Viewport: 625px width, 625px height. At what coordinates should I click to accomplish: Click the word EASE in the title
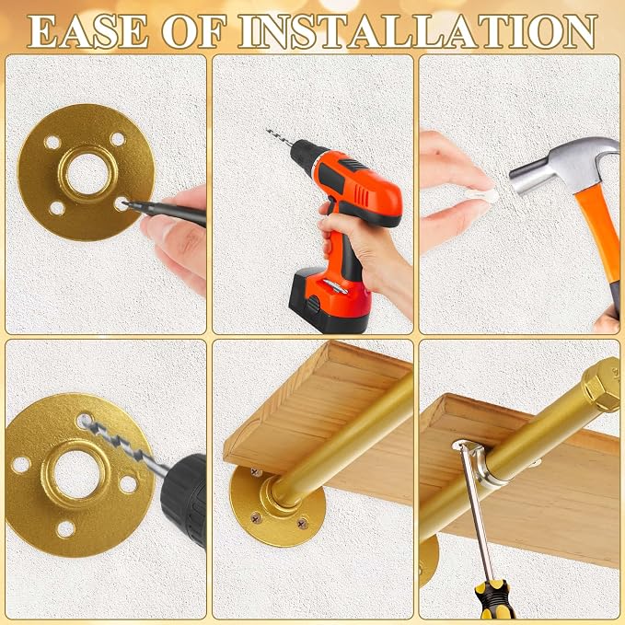coord(87,31)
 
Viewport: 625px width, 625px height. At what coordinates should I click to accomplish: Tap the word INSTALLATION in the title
coord(417,31)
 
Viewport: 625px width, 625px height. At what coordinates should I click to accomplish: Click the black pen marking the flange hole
coord(166,213)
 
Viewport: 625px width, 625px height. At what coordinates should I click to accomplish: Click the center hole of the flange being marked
coord(87,174)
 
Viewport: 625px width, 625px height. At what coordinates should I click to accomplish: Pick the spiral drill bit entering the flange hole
coord(122,445)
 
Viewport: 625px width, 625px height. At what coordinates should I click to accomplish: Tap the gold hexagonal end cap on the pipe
coord(601,384)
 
